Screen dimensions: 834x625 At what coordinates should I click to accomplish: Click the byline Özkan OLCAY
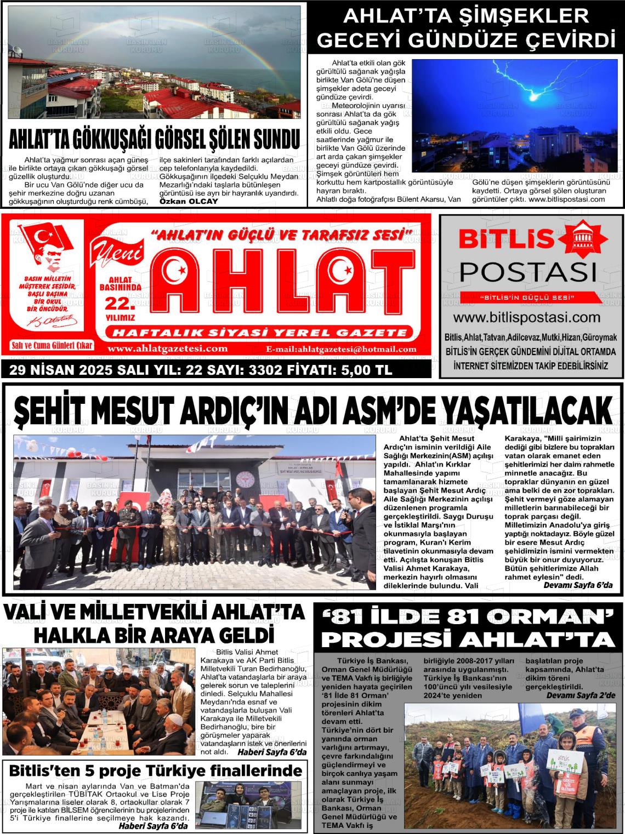pos(188,201)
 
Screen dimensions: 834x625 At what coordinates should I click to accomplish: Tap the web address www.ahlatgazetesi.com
pos(167,349)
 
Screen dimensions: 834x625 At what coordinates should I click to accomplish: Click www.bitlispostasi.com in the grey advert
pos(527,317)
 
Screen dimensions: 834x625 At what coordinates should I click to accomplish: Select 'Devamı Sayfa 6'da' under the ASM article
pos(577,585)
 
